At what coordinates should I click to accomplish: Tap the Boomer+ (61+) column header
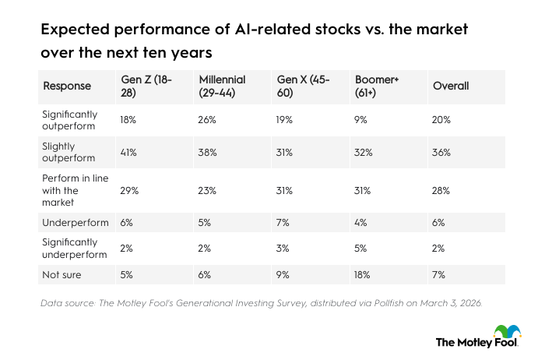(x=378, y=86)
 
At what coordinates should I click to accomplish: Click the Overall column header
(x=450, y=86)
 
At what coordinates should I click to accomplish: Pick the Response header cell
(x=67, y=86)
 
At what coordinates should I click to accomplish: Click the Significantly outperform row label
(x=70, y=120)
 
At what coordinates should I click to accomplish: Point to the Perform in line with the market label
(x=70, y=189)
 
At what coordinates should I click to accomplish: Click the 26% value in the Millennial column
(x=207, y=120)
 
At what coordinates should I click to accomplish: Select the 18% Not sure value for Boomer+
(x=362, y=275)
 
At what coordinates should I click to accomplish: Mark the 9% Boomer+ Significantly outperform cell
(x=360, y=120)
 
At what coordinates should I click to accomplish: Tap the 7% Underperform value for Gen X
(x=284, y=223)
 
